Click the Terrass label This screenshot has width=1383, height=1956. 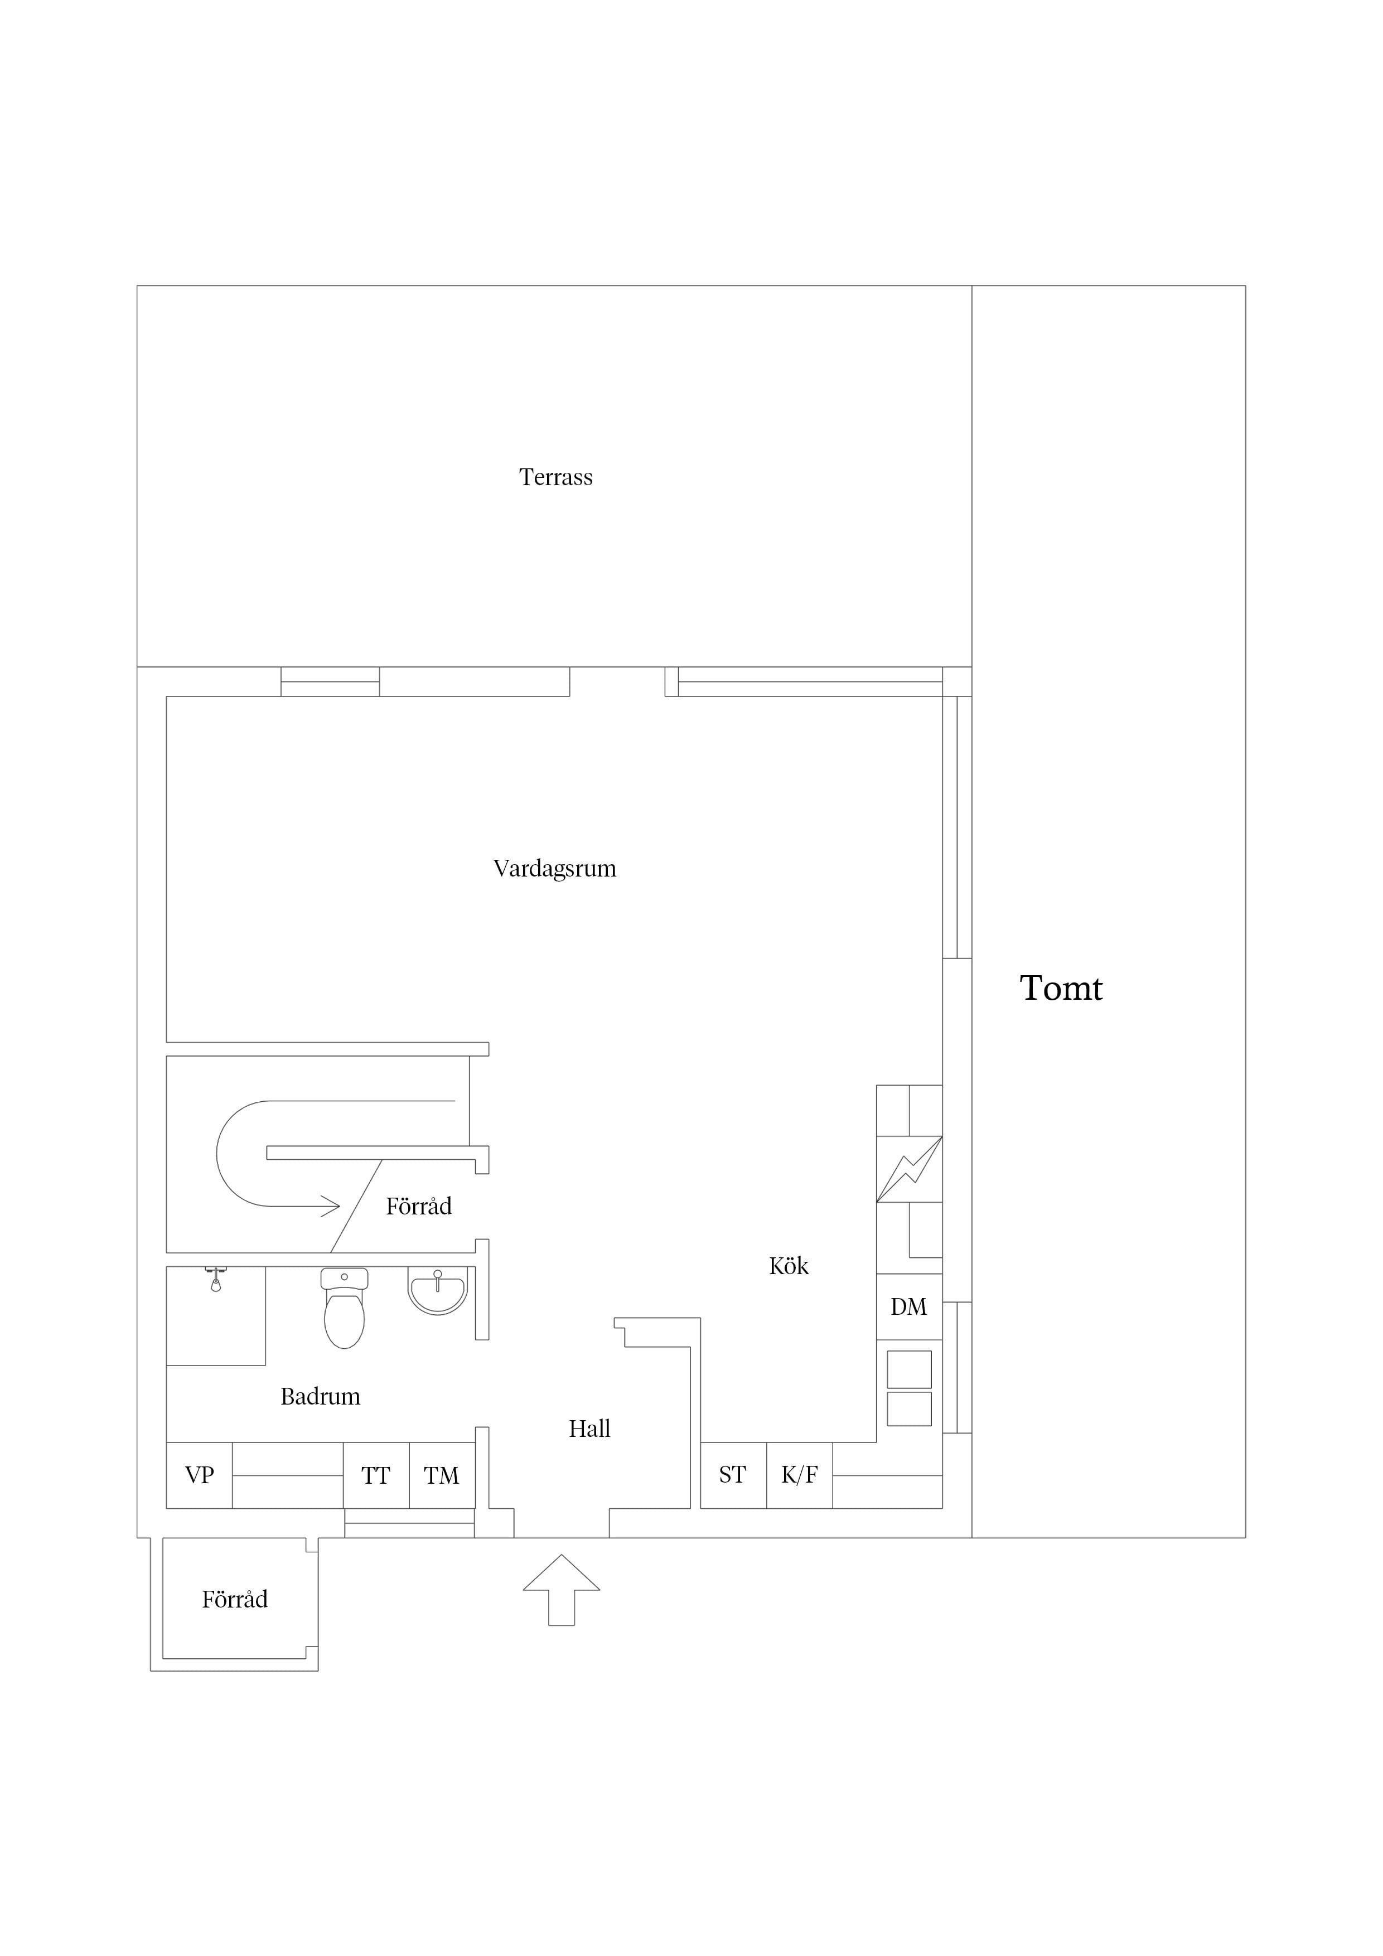tap(555, 477)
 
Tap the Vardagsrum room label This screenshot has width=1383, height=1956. tap(555, 869)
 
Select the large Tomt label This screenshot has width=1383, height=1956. tap(1061, 988)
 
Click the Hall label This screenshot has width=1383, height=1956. tap(589, 1429)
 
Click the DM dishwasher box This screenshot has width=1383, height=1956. tap(909, 1307)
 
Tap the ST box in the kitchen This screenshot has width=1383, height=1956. tap(733, 1475)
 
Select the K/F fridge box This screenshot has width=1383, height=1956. tap(799, 1475)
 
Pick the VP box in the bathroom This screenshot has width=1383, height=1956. tap(200, 1475)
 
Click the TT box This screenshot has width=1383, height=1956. tap(376, 1475)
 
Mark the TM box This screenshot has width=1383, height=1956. tap(442, 1475)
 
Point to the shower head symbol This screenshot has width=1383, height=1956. tap(216, 1280)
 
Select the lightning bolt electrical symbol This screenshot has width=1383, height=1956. tap(909, 1170)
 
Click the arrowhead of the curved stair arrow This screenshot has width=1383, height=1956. tap(331, 1205)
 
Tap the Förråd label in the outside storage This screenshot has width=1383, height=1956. tap(235, 1600)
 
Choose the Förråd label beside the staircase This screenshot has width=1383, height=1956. tap(418, 1206)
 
